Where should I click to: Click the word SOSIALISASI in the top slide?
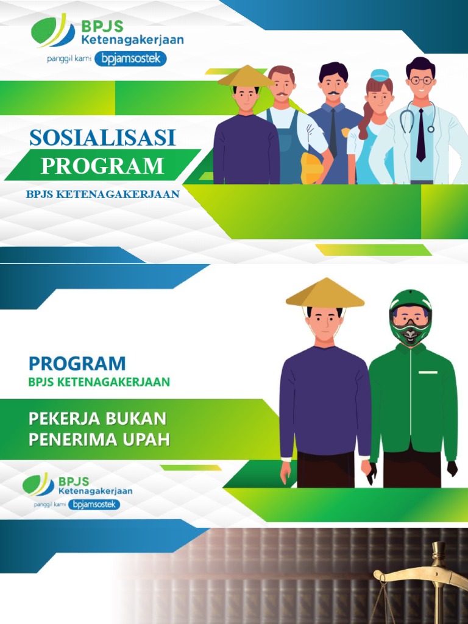point(102,138)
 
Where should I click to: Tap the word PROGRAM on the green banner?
point(102,166)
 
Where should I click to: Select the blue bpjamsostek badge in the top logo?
point(130,59)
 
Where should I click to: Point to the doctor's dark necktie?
point(420,134)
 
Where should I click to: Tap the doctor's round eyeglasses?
point(420,80)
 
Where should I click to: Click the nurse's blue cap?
point(378,76)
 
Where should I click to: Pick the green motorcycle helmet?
point(410,316)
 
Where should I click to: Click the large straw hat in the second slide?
point(325,293)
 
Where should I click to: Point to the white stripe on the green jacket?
point(428,372)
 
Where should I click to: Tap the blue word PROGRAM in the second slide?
point(77,364)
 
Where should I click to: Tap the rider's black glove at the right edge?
point(452,469)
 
